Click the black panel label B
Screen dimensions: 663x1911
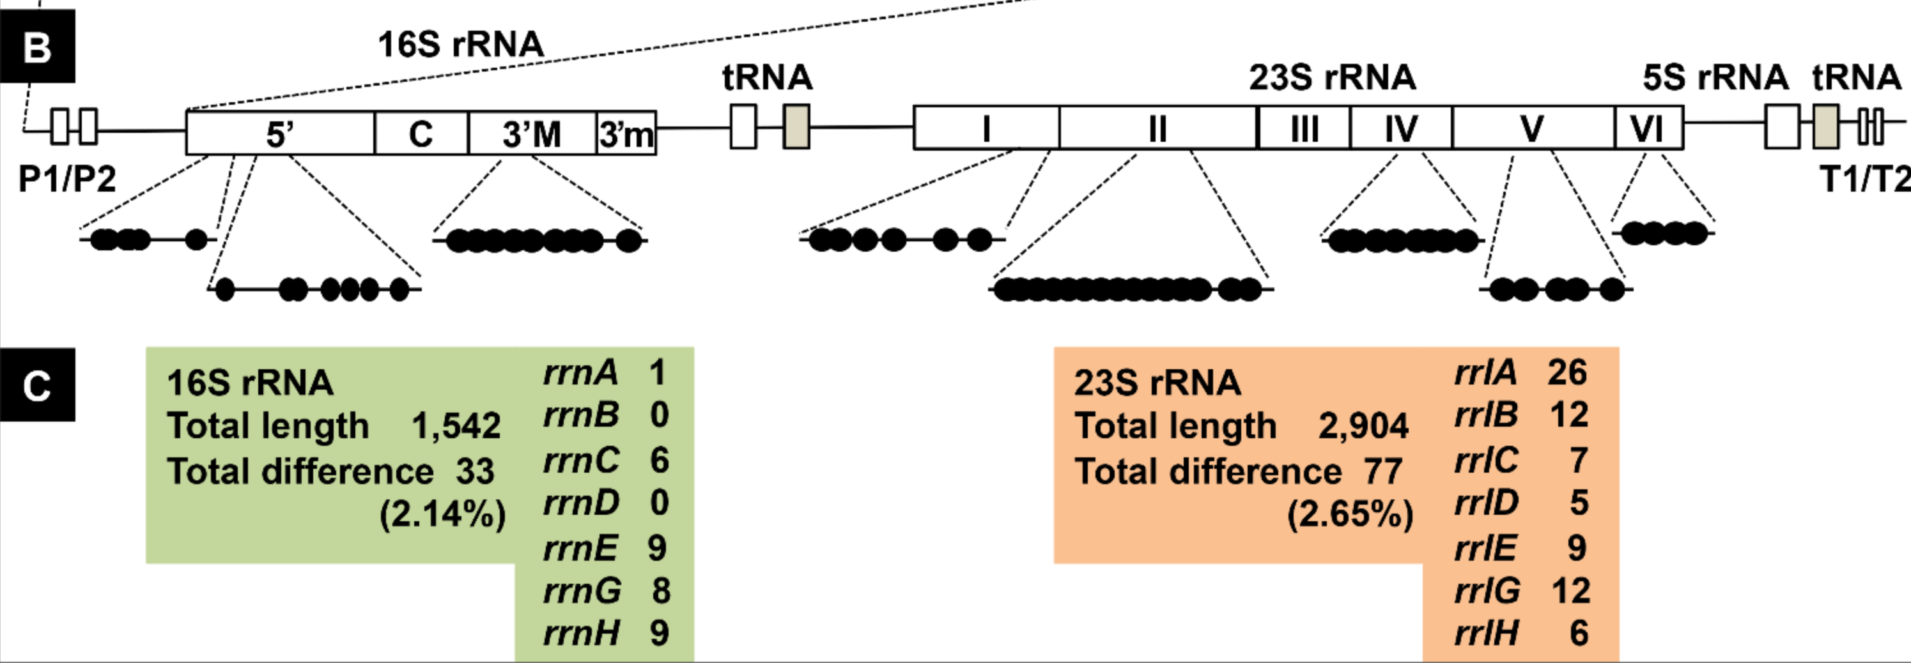point(37,47)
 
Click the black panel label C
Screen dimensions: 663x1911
point(37,386)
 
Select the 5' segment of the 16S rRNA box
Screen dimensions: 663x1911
point(280,133)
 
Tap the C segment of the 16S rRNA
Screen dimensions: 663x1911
point(421,133)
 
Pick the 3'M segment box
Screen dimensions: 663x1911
point(532,133)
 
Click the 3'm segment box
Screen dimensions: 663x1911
point(626,133)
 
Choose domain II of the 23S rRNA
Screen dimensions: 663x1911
point(1157,128)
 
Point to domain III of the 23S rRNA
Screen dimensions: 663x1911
point(1303,128)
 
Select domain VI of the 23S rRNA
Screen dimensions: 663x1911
point(1648,128)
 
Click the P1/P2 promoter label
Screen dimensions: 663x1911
point(66,179)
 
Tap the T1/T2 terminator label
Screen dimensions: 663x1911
point(1865,179)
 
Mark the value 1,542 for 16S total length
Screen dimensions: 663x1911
point(456,425)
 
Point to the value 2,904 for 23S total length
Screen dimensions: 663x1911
point(1363,425)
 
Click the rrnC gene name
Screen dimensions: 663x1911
point(581,460)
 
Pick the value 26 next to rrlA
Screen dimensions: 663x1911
point(1567,372)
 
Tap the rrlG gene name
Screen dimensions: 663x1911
point(1487,591)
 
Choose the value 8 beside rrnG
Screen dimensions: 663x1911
point(661,591)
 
